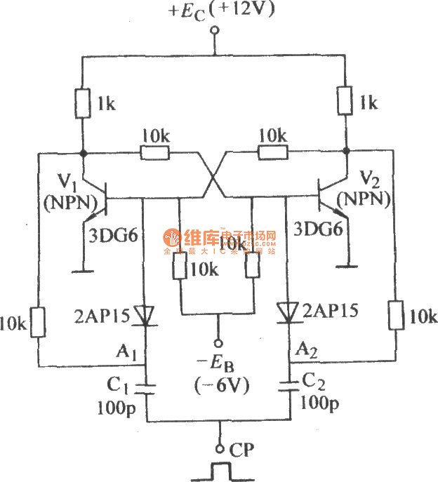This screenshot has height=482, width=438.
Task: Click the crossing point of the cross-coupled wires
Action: (215, 175)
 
